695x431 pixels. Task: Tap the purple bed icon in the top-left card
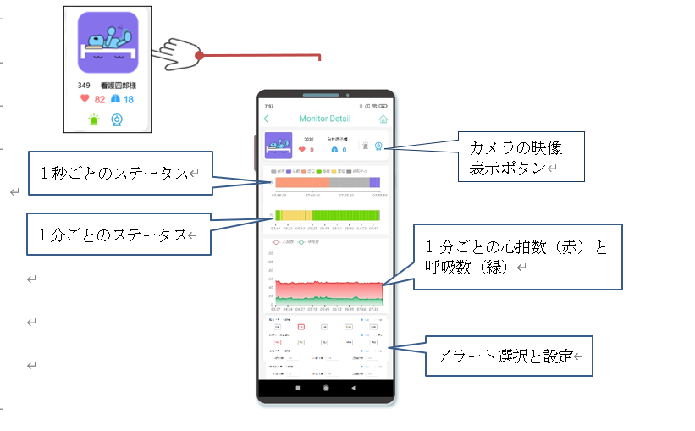pos(108,42)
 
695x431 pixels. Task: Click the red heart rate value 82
pos(99,99)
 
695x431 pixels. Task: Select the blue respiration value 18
pos(129,99)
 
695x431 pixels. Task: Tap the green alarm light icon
pos(94,120)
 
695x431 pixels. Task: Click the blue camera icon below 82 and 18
pos(118,120)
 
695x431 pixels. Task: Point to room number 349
pos(84,85)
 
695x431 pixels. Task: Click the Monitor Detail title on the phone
pos(324,119)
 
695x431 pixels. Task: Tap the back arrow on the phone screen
pos(267,119)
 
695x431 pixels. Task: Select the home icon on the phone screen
pos(383,119)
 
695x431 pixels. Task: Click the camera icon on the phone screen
pos(378,146)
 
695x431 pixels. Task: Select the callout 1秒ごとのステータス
pos(119,174)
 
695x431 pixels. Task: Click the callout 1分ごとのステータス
pos(119,235)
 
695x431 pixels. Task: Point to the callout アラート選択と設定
pos(508,357)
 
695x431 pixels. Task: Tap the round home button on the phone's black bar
pos(325,388)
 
